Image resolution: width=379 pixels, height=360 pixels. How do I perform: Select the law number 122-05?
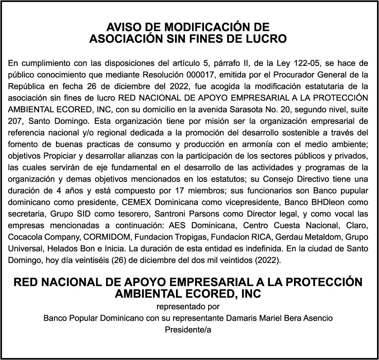point(307,63)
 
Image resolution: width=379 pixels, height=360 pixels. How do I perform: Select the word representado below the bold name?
point(177,306)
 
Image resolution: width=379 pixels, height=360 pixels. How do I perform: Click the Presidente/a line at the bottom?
point(188,330)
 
